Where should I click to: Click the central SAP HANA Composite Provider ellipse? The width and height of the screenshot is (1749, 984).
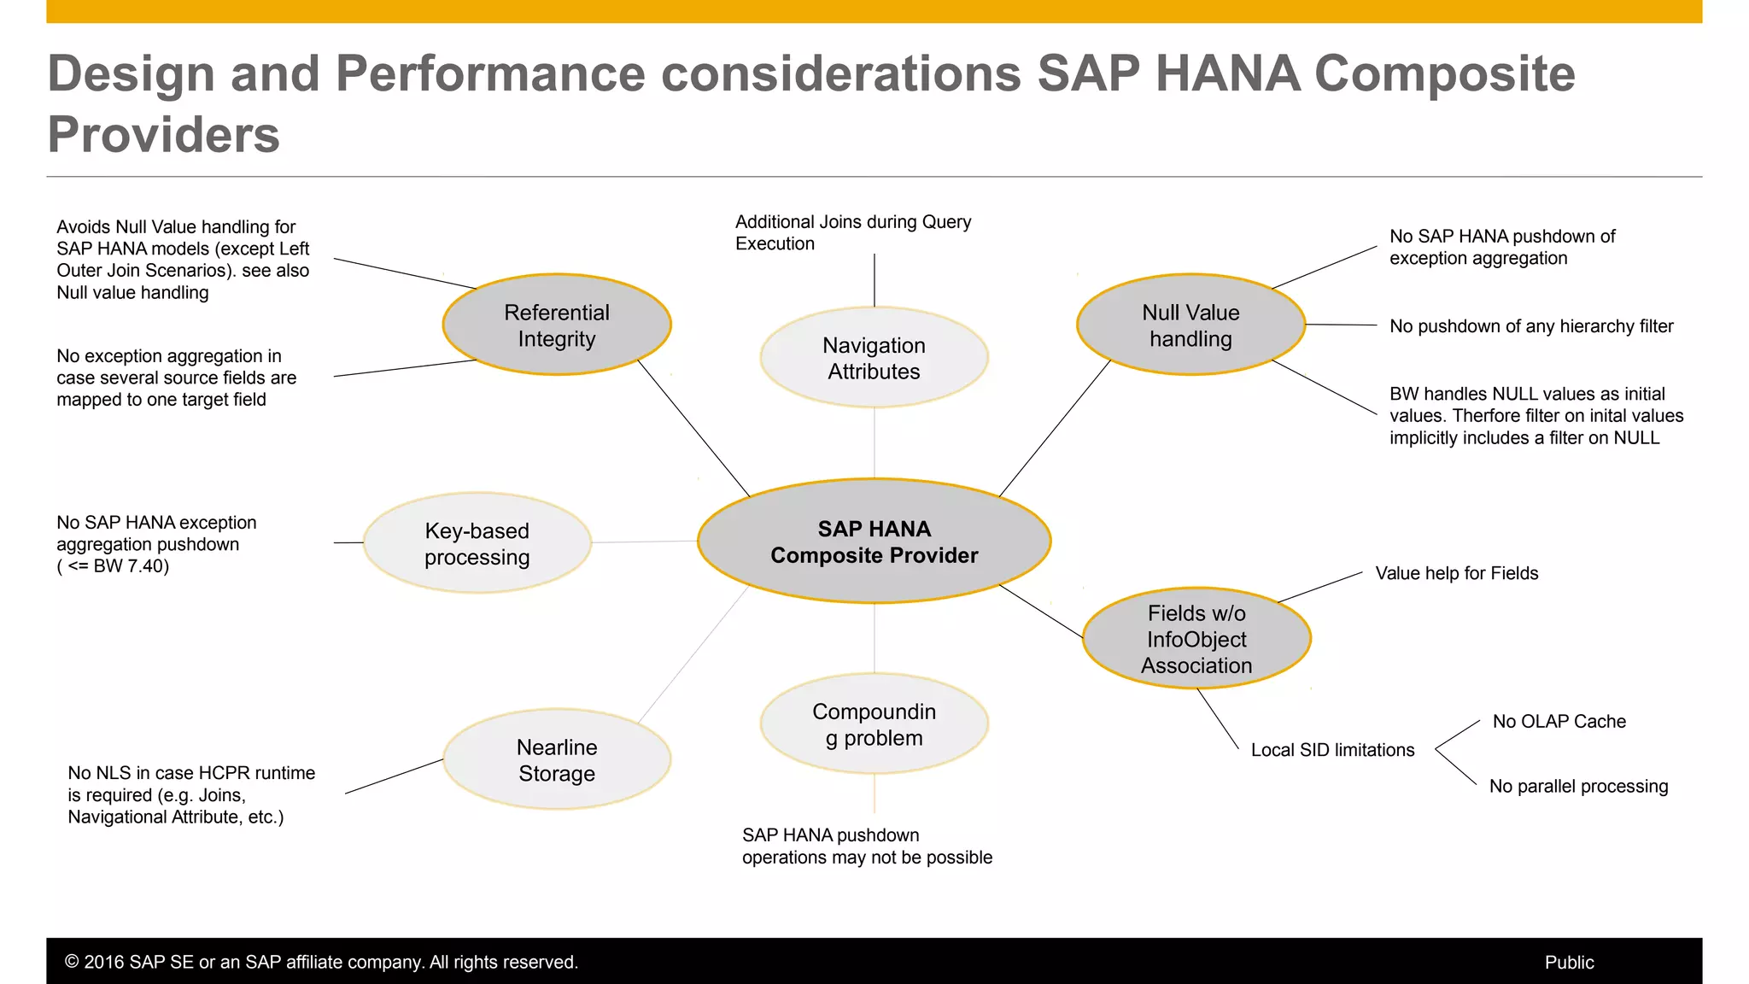[x=874, y=542]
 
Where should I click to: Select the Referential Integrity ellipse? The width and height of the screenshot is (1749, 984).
[x=557, y=325]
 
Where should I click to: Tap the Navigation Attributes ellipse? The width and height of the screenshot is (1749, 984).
[x=874, y=358]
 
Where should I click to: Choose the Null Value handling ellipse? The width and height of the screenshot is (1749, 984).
[x=1190, y=325]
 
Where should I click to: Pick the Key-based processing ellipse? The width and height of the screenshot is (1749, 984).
[x=477, y=543]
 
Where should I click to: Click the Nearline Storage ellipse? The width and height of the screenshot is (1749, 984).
[x=557, y=759]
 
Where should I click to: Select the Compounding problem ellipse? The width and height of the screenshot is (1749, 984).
[x=874, y=724]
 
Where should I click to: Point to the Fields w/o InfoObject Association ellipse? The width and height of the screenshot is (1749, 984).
[x=1196, y=639]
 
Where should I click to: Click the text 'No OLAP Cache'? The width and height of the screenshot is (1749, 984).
[x=1559, y=722]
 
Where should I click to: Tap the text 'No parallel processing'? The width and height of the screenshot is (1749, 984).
[x=1578, y=787]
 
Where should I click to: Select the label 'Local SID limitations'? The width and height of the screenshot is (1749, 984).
[x=1332, y=750]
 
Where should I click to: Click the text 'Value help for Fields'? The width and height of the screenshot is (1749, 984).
[x=1456, y=573]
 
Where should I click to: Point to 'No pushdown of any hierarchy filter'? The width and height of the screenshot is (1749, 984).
[x=1530, y=326]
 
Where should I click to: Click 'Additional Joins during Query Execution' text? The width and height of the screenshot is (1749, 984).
[x=852, y=232]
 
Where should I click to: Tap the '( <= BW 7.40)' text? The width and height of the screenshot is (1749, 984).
[x=113, y=566]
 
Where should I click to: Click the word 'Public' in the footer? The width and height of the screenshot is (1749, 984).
[x=1569, y=963]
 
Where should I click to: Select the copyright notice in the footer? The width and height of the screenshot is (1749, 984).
[x=321, y=963]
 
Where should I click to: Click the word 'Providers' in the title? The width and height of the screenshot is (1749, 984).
[x=164, y=135]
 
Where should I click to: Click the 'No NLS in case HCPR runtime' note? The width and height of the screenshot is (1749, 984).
[x=191, y=773]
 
